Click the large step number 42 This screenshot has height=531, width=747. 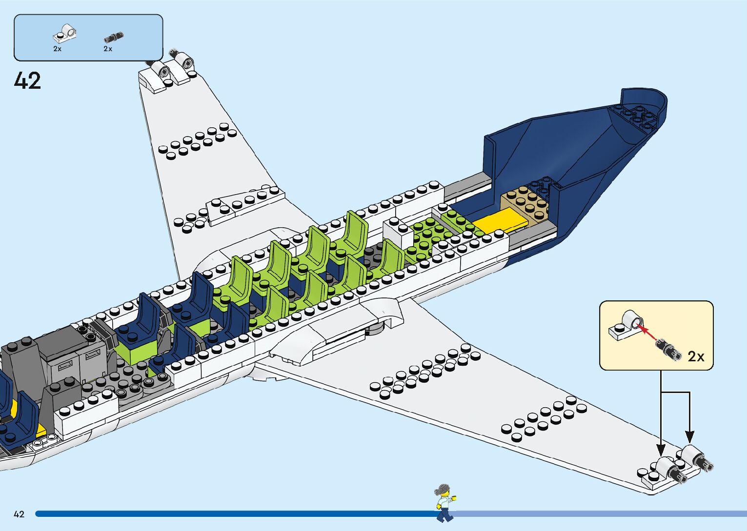[x=27, y=81]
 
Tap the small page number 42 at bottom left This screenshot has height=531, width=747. [x=19, y=514]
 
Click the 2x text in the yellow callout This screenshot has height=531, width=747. [x=696, y=356]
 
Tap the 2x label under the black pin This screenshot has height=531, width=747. [x=108, y=49]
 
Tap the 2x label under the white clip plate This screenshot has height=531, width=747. [x=58, y=49]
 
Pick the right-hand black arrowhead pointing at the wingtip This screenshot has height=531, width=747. [x=689, y=436]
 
